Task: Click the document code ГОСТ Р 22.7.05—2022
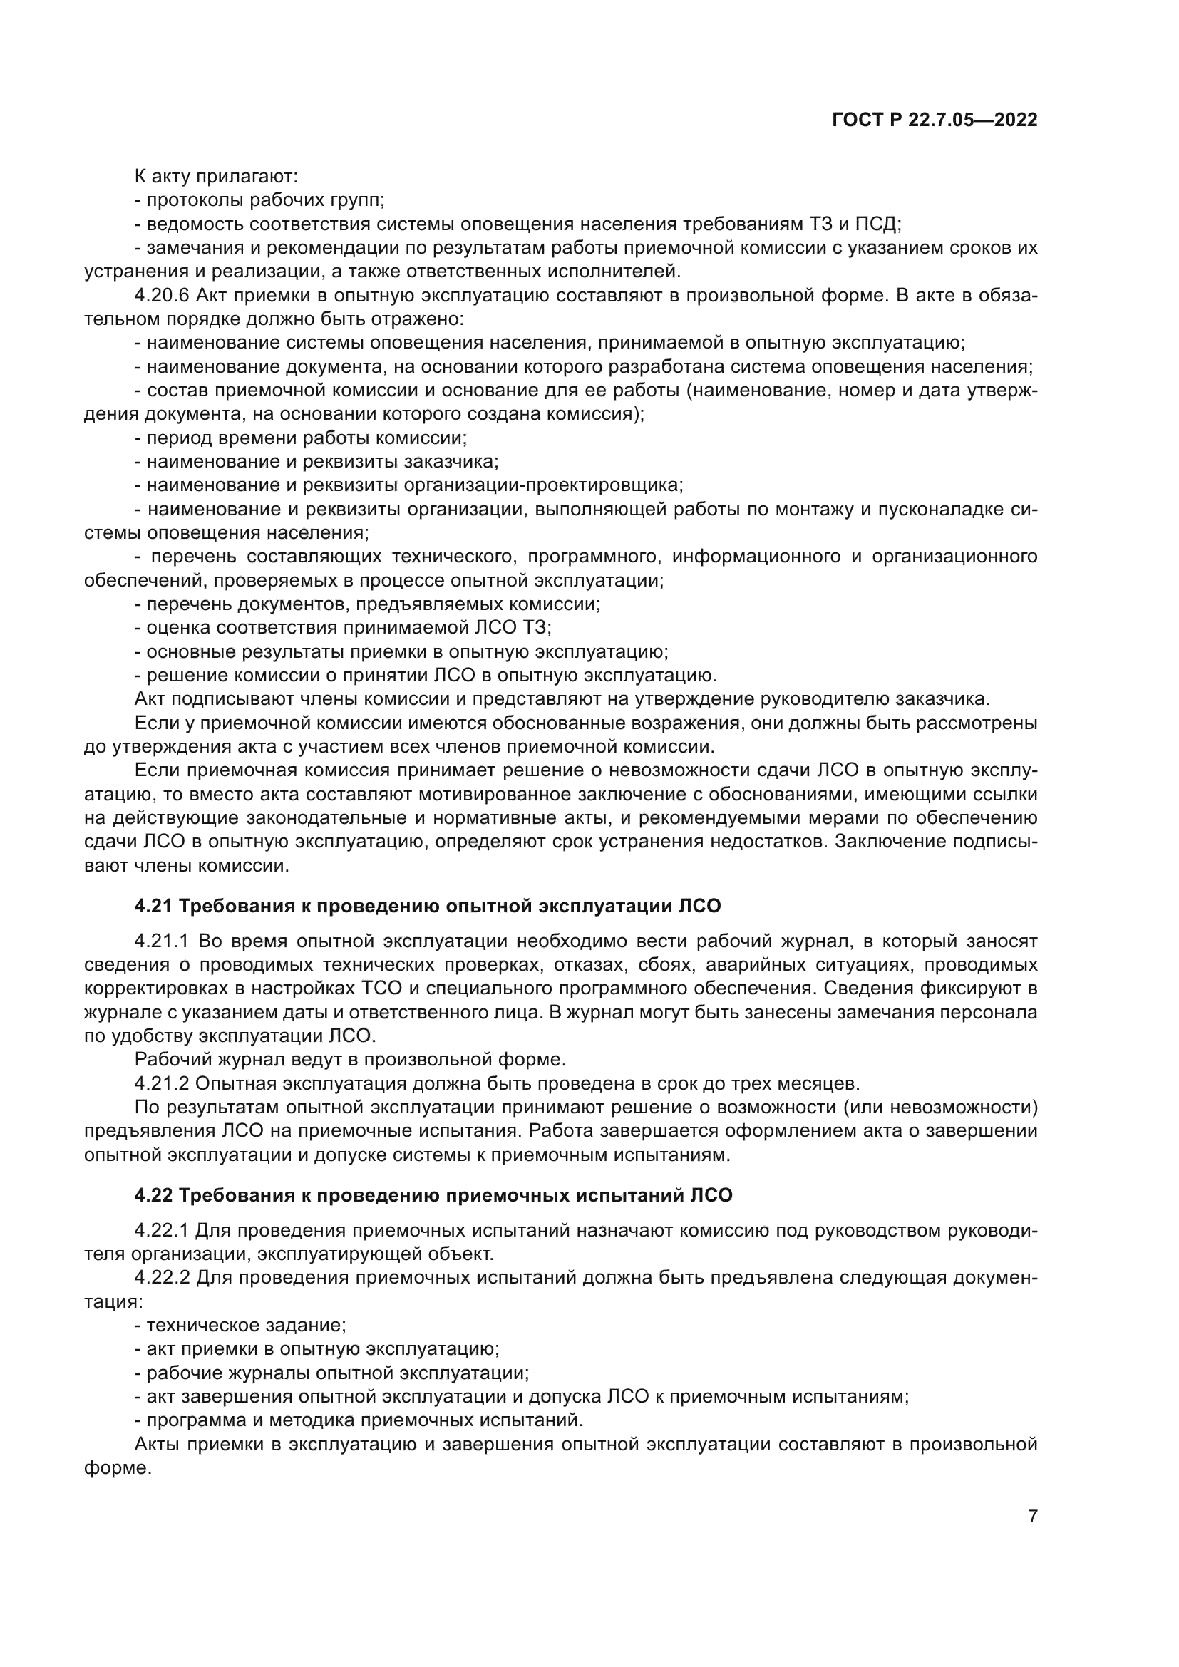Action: tap(935, 120)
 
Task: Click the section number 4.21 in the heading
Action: tap(154, 906)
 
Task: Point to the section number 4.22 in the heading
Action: tap(154, 1195)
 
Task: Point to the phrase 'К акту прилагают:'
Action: tap(217, 177)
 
